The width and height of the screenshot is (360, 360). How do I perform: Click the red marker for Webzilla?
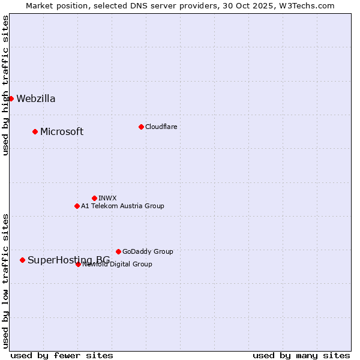[x=11, y=98]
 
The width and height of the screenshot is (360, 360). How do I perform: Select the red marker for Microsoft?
[x=35, y=131]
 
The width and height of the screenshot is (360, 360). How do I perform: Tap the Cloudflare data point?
[x=141, y=127]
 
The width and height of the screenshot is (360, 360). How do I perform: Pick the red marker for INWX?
[x=94, y=198]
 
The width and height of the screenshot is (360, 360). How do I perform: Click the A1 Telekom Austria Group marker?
[x=77, y=206]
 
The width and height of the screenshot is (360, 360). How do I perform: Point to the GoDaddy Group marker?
[x=118, y=251]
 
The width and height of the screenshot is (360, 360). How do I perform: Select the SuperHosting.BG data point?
[x=22, y=260]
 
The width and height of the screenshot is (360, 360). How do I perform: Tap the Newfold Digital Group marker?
[x=78, y=264]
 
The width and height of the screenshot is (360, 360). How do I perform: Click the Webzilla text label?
[x=36, y=99]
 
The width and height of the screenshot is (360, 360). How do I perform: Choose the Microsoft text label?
[x=62, y=132]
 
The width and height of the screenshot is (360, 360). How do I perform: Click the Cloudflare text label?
[x=161, y=127]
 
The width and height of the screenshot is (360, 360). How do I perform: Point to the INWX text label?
[x=107, y=198]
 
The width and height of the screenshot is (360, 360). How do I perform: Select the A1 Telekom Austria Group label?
[x=122, y=206]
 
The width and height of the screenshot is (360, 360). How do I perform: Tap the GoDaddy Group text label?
[x=148, y=251]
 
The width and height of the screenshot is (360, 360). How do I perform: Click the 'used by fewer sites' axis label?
[x=62, y=355]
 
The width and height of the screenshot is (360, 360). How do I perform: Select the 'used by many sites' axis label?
[x=301, y=355]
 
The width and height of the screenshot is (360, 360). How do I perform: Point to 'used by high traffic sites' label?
[x=6, y=86]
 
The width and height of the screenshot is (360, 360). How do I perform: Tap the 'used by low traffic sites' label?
[x=6, y=280]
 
